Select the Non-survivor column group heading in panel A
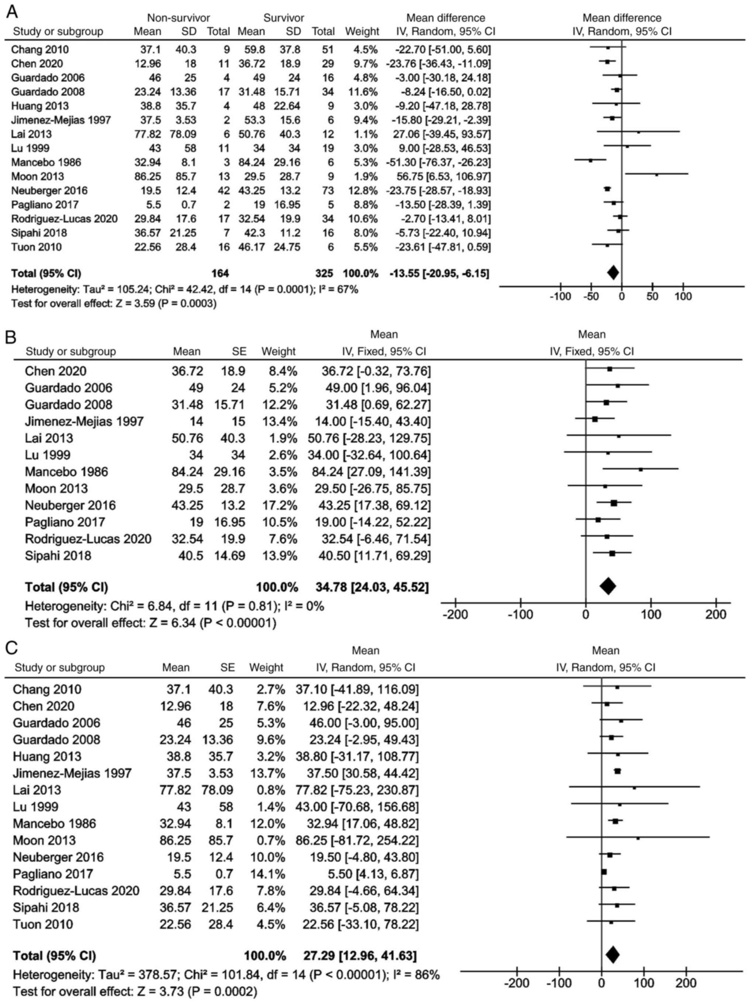point(178,18)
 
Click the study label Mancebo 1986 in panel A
point(46,162)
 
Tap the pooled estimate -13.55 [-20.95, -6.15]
point(438,273)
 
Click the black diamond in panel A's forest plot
point(613,272)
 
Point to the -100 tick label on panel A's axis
point(560,297)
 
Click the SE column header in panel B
point(239,351)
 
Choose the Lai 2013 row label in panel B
point(49,438)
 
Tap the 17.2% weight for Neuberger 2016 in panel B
point(279,505)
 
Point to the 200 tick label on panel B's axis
point(716,615)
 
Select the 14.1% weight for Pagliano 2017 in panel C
point(267,874)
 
